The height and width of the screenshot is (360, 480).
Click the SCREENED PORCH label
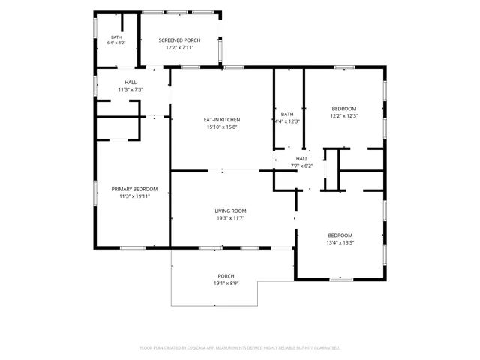pyautogui.click(x=179, y=40)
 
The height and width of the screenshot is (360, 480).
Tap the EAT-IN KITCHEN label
pyautogui.click(x=222, y=120)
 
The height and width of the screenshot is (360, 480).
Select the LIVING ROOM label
pyautogui.click(x=230, y=211)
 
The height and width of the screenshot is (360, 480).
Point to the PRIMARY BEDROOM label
pyautogui.click(x=134, y=190)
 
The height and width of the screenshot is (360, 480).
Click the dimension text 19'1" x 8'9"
pyautogui.click(x=226, y=283)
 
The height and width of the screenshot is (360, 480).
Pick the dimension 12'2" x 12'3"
pyautogui.click(x=344, y=116)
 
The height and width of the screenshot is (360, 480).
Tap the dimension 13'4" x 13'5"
pyautogui.click(x=340, y=243)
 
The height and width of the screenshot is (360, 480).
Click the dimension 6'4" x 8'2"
pyautogui.click(x=116, y=43)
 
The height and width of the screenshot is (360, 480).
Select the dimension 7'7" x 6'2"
pyautogui.click(x=301, y=166)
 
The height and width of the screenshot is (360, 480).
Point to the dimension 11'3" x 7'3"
pyautogui.click(x=130, y=90)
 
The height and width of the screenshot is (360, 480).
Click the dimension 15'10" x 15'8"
pyautogui.click(x=222, y=127)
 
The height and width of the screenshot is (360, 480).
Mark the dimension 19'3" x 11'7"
pyautogui.click(x=230, y=218)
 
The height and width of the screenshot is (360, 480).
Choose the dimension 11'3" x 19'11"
pyautogui.click(x=134, y=196)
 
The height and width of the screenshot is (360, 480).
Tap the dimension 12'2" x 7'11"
pyautogui.click(x=179, y=48)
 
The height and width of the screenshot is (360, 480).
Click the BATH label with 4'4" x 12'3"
pyautogui.click(x=287, y=115)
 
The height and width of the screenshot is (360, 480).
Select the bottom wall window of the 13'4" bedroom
pyautogui.click(x=341, y=280)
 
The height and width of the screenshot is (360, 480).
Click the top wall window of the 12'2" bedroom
pyautogui.click(x=344, y=67)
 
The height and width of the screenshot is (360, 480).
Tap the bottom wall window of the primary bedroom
pyautogui.click(x=133, y=248)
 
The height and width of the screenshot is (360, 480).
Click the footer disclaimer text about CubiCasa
pyautogui.click(x=240, y=348)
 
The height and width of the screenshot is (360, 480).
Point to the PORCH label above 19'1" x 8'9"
pyautogui.click(x=226, y=276)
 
